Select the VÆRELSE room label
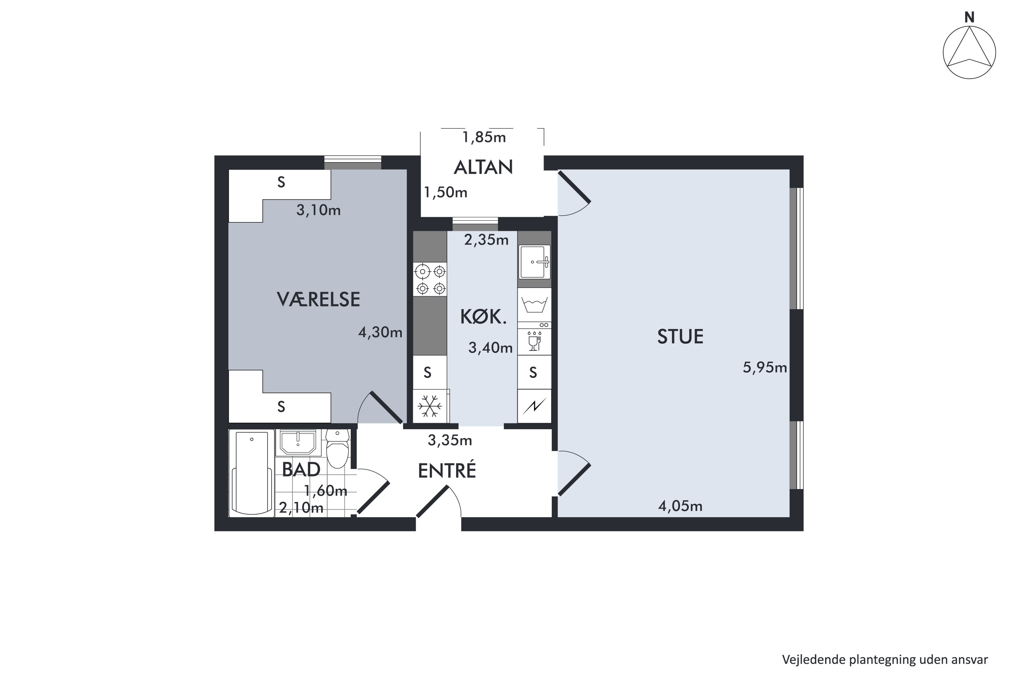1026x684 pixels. [x=318, y=299]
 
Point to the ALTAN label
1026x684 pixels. [x=483, y=167]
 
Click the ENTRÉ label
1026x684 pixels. [x=447, y=470]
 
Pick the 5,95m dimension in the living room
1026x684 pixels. [x=765, y=368]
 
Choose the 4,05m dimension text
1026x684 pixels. [x=680, y=506]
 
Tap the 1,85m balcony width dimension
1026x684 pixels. [x=484, y=137]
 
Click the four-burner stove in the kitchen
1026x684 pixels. [x=430, y=280]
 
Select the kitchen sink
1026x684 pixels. [x=534, y=262]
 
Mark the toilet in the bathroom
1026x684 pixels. [x=338, y=448]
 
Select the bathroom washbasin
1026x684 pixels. [x=298, y=443]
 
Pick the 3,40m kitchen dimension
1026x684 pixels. [x=490, y=348]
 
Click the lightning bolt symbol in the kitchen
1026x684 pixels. [x=534, y=407]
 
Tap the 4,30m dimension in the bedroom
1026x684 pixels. [x=380, y=332]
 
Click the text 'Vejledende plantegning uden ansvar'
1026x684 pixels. [x=885, y=660]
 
